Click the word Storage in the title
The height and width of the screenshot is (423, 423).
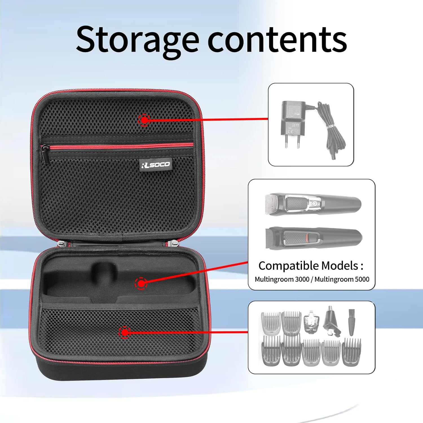(x=138, y=39)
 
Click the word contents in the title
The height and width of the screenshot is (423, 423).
(x=277, y=39)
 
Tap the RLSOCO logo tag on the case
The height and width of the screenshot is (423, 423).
(x=156, y=164)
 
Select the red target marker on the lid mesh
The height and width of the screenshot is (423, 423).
(x=144, y=120)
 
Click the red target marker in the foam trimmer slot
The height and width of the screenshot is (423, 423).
(x=141, y=283)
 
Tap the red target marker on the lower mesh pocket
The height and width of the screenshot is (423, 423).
(x=124, y=333)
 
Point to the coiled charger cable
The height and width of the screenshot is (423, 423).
(x=333, y=133)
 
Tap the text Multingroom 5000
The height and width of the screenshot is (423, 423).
(x=342, y=279)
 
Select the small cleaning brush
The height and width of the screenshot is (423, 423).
(x=351, y=321)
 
